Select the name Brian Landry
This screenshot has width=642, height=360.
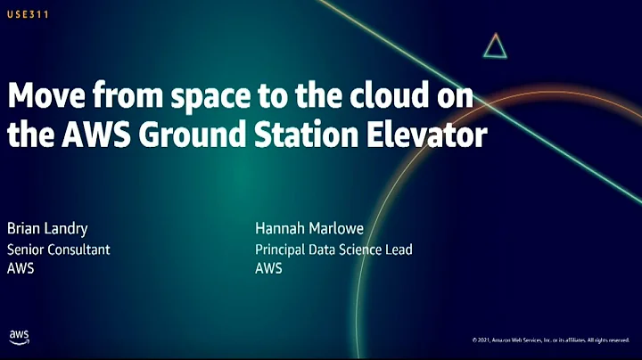[47, 228]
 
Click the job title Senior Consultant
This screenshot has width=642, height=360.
[59, 250]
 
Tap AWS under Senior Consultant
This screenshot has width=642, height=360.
[21, 268]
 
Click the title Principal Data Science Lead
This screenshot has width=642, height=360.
[333, 250]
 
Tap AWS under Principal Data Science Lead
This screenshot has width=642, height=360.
[268, 268]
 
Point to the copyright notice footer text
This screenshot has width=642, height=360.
[550, 340]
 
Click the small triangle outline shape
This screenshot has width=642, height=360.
[495, 46]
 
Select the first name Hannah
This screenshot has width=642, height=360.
[280, 228]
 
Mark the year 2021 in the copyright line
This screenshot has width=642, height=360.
[484, 340]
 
